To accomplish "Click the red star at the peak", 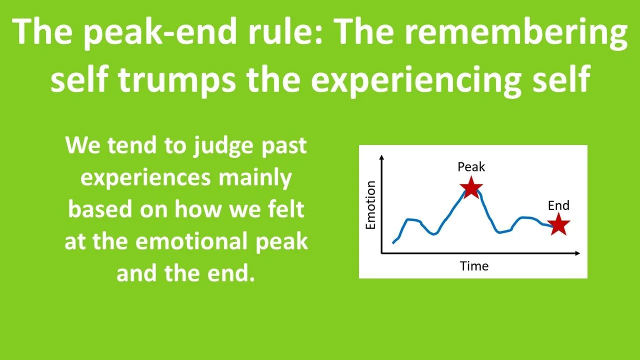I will tap(471, 188).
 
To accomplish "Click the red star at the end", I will tap(558, 225).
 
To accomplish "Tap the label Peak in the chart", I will tap(471, 167).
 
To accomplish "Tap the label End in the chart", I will tap(558, 205).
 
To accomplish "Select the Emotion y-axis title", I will tap(370, 205).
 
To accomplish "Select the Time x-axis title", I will tap(474, 266).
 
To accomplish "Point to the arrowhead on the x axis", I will tap(578, 253).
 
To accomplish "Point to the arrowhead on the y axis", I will tap(382, 157).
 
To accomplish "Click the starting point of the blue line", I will tap(393, 243).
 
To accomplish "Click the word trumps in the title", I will tap(177, 79).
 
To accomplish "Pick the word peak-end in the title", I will tap(160, 32).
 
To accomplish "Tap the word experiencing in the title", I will tap(416, 79).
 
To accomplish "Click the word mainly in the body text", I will tap(255, 178).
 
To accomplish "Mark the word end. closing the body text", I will tap(231, 273).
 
